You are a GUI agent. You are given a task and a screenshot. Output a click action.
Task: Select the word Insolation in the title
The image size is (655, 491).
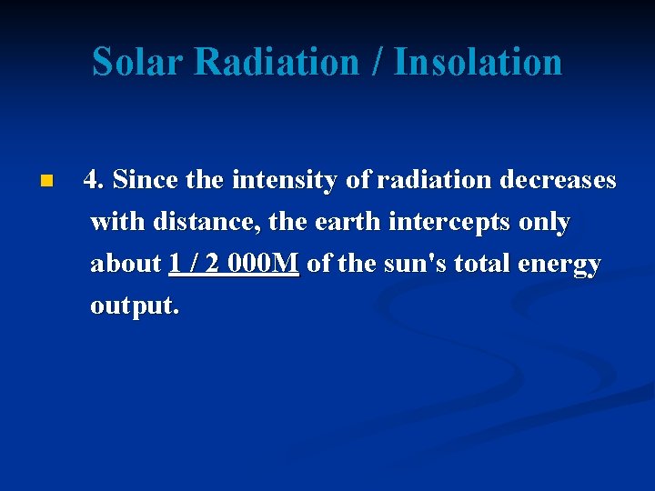[478, 62]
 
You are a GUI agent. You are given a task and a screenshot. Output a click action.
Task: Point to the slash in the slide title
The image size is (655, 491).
[378, 62]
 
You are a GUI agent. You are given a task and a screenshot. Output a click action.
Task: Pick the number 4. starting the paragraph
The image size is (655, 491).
[93, 180]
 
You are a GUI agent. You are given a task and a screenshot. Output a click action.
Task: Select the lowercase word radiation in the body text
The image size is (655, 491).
[435, 180]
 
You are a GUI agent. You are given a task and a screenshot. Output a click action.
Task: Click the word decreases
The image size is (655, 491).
[558, 180]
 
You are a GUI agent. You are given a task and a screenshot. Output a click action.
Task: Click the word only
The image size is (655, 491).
[546, 222]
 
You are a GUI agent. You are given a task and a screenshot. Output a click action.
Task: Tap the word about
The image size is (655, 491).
[126, 264]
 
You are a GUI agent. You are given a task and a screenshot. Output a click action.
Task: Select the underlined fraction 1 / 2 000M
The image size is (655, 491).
[234, 264]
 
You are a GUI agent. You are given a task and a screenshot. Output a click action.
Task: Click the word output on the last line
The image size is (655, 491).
[134, 306]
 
